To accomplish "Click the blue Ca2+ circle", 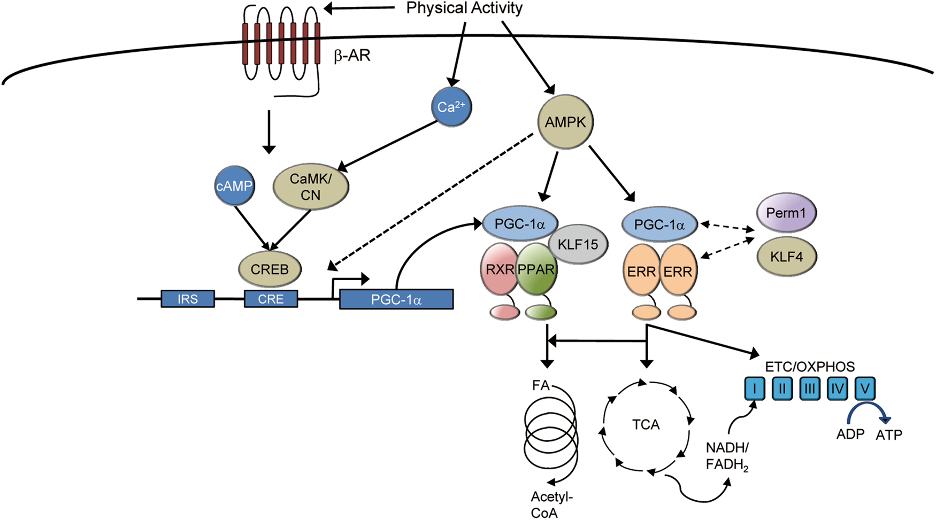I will pos(451,107).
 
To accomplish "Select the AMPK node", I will pos(565,122).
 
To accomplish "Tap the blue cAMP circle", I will pos(234,187).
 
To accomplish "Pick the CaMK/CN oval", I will pos(311,187).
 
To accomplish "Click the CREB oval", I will pos(270,269).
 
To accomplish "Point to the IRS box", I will pos(188,299).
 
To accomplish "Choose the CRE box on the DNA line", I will pos(271,299).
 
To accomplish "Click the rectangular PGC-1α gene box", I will pos(396,299).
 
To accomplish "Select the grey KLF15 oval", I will pos(578,245).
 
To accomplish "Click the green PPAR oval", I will pos(536,269).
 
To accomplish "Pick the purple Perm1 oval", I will pos(786,213).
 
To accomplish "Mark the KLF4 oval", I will pos(786,257).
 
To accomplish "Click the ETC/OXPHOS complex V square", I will pos(864,389).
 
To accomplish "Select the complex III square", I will pos(810,389).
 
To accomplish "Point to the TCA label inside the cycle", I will pos(646,425).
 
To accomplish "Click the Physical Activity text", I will pos(464,8).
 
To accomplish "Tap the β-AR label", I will pos(352,56).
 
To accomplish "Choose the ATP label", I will pos(889,435).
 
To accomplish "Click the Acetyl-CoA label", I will pos(551,505).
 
